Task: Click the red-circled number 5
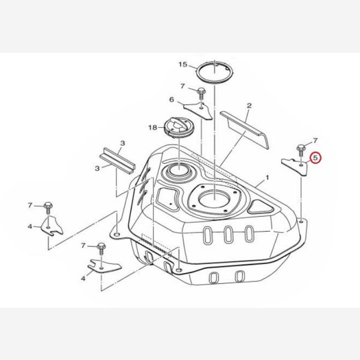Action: tap(315, 158)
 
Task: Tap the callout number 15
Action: tap(183, 65)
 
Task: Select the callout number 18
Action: tap(152, 127)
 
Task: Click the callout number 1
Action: tap(267, 178)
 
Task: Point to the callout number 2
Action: tap(249, 106)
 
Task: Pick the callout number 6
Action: tap(172, 100)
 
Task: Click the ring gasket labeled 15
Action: tap(214, 71)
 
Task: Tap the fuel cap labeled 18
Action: tap(178, 128)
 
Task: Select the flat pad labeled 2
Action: tap(244, 130)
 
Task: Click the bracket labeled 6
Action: tap(198, 110)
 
